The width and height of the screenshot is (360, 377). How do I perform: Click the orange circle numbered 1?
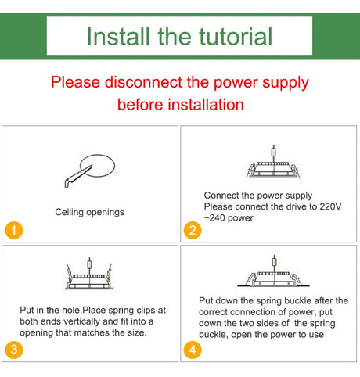(x=14, y=230)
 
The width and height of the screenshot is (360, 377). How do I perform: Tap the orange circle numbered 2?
(x=193, y=230)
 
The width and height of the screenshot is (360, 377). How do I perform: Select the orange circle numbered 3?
(x=14, y=350)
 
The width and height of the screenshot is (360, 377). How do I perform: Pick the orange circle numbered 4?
(x=193, y=350)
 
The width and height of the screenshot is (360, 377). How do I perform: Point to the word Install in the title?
(x=118, y=36)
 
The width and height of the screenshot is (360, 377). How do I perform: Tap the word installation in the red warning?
(x=206, y=105)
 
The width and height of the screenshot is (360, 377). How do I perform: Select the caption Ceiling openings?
(x=89, y=212)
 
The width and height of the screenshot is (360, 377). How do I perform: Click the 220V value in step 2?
(x=330, y=206)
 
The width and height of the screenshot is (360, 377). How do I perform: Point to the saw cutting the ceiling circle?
(x=77, y=177)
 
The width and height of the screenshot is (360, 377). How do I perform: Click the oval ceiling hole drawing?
(x=97, y=166)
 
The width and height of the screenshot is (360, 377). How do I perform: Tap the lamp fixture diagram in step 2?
(x=273, y=162)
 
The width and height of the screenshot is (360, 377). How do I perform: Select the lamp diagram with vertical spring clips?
(x=89, y=274)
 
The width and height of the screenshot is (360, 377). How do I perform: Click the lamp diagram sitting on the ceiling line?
(x=273, y=271)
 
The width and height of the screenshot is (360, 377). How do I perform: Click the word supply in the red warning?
(x=286, y=83)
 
